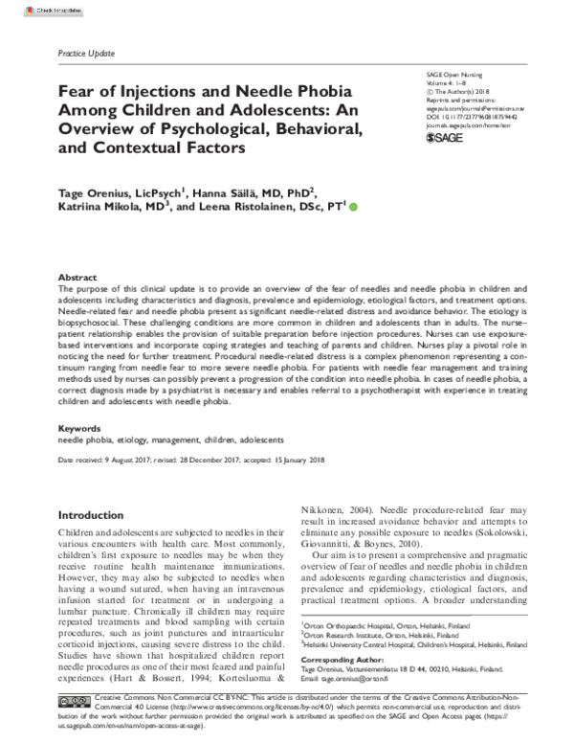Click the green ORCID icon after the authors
pyautogui.click(x=354, y=206)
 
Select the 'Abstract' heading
pyautogui.click(x=77, y=276)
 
